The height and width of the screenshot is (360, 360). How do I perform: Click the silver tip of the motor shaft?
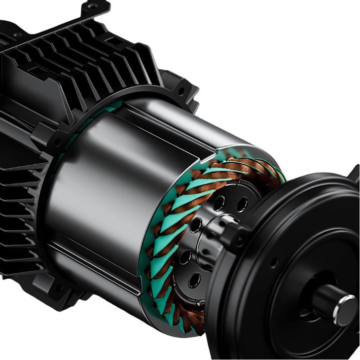[347, 309]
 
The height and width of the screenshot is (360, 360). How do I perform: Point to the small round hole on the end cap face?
[274, 263]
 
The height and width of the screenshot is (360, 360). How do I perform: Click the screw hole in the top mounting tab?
[92, 6]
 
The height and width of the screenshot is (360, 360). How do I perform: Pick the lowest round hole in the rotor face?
[194, 280]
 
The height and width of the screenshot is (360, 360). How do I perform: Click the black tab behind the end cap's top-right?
[354, 173]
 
